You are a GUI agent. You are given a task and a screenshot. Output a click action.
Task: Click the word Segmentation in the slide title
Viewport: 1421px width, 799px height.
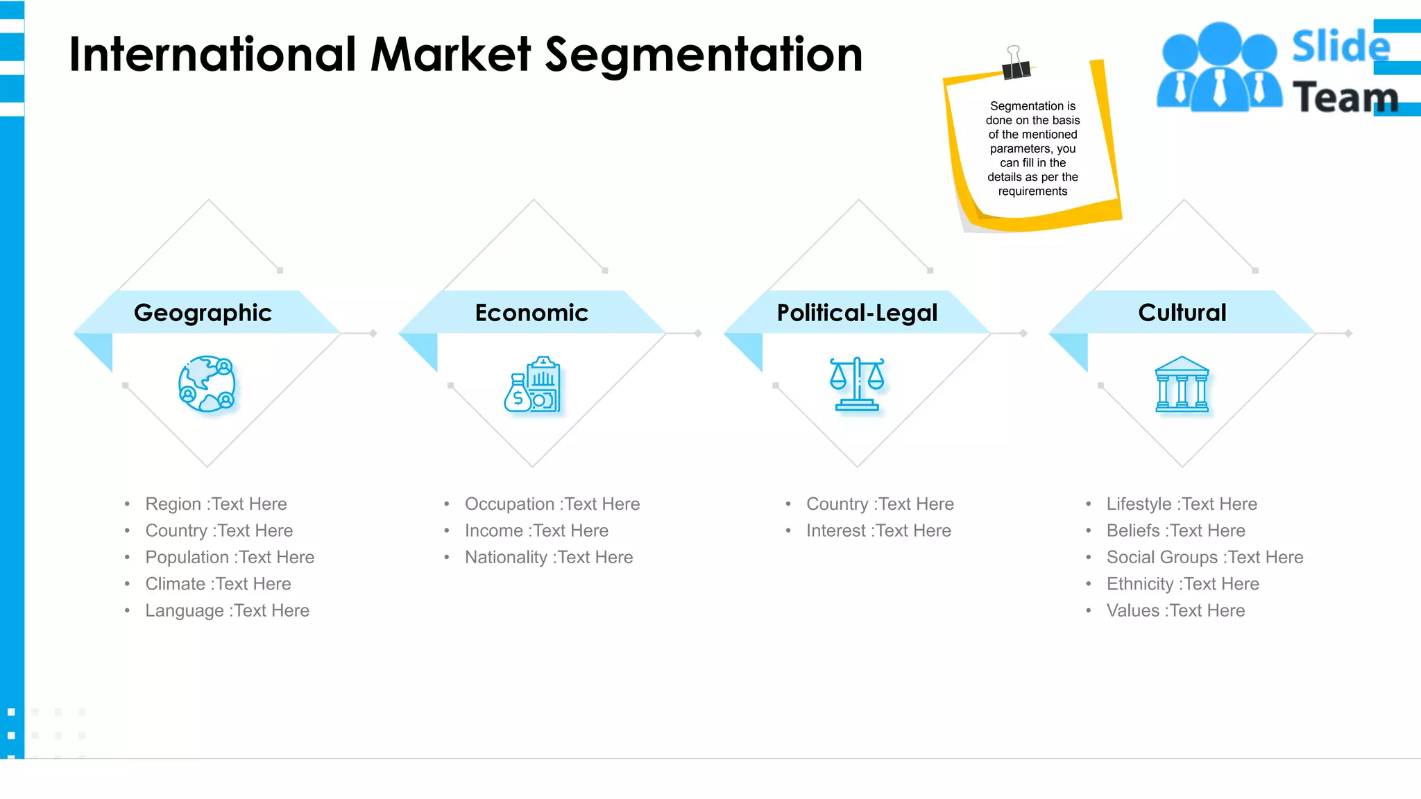pos(704,55)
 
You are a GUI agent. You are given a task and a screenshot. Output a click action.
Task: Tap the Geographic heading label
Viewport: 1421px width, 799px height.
pos(203,313)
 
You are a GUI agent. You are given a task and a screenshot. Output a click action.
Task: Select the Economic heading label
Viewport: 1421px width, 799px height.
pos(531,313)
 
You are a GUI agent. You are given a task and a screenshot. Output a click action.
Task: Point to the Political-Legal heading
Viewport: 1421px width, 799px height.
pos(857,313)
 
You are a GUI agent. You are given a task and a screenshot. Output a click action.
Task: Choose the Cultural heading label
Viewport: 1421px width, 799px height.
pos(1182,313)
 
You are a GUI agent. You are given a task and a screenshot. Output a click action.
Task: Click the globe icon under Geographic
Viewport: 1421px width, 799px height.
pos(207,384)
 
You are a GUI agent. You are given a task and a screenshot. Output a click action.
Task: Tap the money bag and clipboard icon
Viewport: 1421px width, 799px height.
pos(532,385)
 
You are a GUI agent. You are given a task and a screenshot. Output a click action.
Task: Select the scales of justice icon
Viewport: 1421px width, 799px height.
pos(857,384)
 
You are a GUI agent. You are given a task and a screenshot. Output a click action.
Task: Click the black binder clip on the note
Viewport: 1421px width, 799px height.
pos(1016,65)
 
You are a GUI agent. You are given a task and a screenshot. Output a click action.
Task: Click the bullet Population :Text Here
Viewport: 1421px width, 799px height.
pos(230,558)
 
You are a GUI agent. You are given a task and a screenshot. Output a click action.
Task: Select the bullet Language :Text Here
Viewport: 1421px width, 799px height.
pos(227,611)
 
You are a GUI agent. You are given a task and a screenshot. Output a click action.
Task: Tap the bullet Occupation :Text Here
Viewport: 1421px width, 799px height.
pos(552,504)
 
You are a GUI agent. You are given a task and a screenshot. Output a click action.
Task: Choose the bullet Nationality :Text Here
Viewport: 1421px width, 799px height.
pos(549,558)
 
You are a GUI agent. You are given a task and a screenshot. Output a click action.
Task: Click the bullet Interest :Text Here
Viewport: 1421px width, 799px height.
pos(878,531)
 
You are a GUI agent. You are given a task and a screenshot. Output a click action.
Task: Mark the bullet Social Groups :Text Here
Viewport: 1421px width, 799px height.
pos(1205,558)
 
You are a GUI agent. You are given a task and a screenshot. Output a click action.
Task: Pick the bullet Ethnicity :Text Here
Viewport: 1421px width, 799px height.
pos(1182,584)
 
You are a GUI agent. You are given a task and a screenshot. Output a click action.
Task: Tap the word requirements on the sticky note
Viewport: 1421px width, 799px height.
pos(1032,191)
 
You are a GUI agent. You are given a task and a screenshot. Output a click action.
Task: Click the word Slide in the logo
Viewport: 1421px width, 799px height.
pos(1341,47)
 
